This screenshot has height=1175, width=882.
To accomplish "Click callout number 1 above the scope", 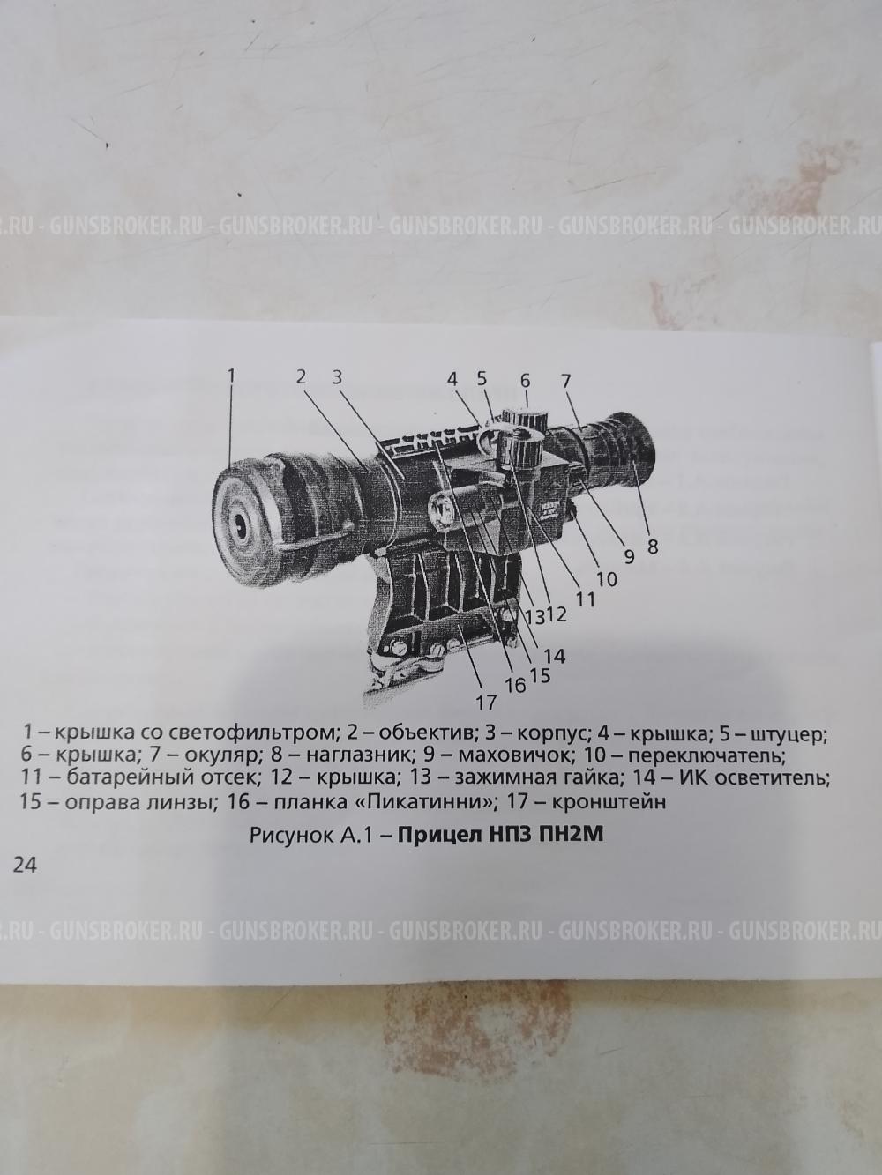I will pyautogui.click(x=231, y=376).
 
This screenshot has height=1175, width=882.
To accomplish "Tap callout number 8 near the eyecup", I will pyautogui.click(x=653, y=547).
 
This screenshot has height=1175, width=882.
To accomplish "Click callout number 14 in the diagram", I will pyautogui.click(x=555, y=656).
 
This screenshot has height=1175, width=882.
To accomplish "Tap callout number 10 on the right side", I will pyautogui.click(x=607, y=580).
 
